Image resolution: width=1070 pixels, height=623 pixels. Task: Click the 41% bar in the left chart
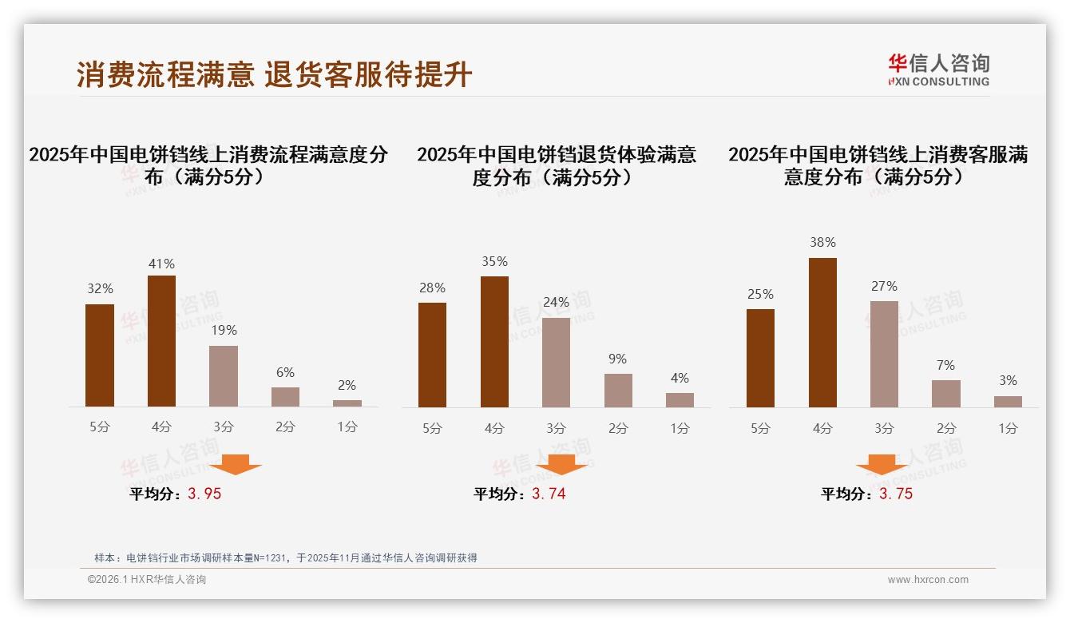coord(161,341)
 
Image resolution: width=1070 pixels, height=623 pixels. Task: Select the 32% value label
coord(100,289)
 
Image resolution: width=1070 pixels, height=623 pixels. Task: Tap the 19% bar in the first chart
coord(224,376)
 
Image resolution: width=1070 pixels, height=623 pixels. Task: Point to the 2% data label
coord(347,385)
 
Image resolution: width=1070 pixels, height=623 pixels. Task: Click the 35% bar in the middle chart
coord(494,342)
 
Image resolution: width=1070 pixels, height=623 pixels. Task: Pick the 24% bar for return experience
coord(556,363)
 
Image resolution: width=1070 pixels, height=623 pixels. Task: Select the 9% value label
coord(617,359)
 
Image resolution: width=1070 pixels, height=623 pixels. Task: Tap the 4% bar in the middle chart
coord(680,400)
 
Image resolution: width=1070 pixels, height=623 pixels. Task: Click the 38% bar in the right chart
coord(822,332)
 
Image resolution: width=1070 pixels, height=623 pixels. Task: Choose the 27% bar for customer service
coord(884,354)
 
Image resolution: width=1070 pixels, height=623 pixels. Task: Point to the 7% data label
coord(945,366)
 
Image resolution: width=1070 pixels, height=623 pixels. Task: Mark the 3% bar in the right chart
coord(1008,402)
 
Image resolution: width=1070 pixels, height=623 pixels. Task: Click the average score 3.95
coord(204,494)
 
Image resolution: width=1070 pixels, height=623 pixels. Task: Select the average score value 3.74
coord(549,494)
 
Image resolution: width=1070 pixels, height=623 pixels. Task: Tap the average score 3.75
coord(896,494)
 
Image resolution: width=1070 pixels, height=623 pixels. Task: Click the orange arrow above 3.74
coord(561,464)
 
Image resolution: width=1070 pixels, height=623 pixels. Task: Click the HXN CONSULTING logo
coord(938,70)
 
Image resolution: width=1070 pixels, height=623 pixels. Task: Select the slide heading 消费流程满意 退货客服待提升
coord(274,74)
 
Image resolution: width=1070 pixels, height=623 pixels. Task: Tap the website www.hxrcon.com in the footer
coord(928,580)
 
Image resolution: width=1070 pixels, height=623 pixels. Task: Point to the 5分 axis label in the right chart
coord(760,429)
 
